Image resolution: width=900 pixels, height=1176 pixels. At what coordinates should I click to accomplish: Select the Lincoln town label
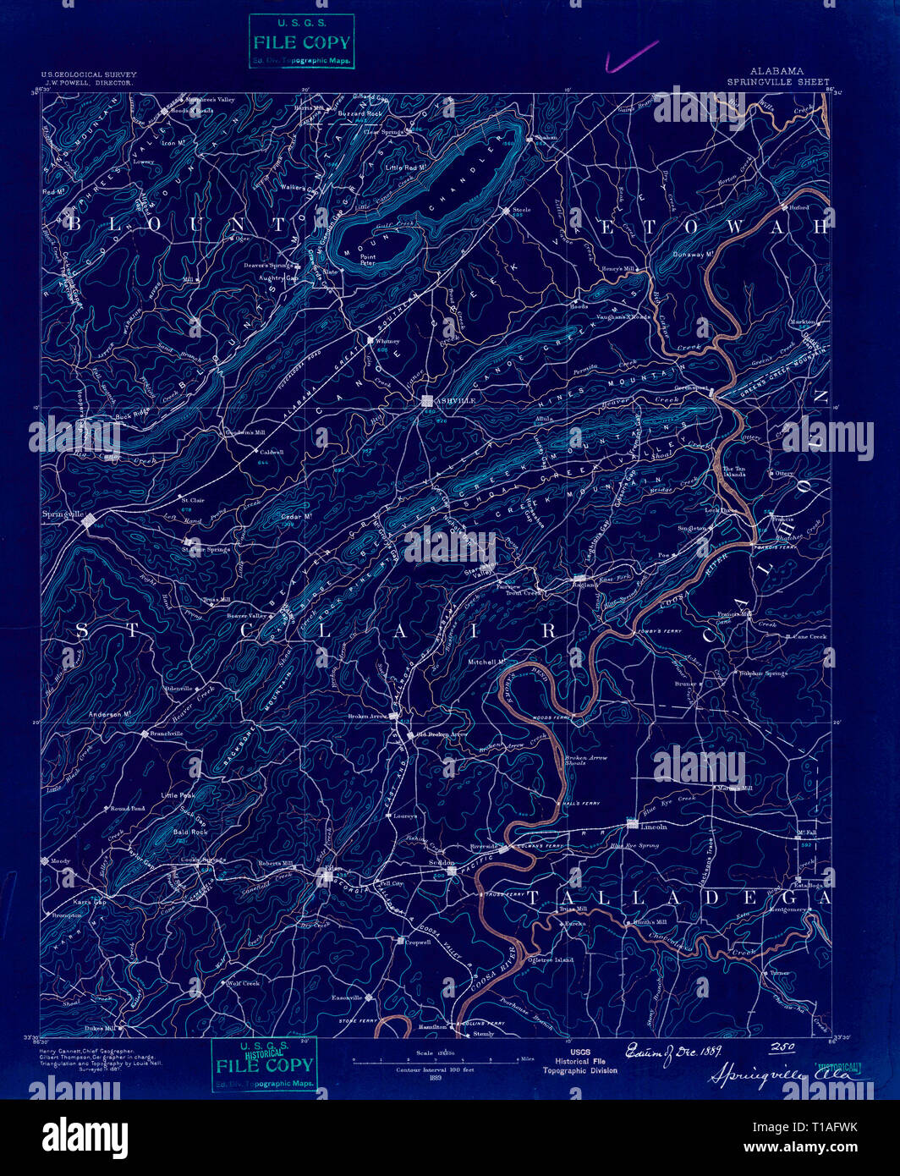654,826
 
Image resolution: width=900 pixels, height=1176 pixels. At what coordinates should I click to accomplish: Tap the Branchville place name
167,734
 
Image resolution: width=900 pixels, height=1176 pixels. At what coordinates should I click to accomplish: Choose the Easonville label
347,997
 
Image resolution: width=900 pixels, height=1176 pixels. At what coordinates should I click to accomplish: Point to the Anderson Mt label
107,715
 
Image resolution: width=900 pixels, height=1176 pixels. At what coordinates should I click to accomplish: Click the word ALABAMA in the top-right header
777,72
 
